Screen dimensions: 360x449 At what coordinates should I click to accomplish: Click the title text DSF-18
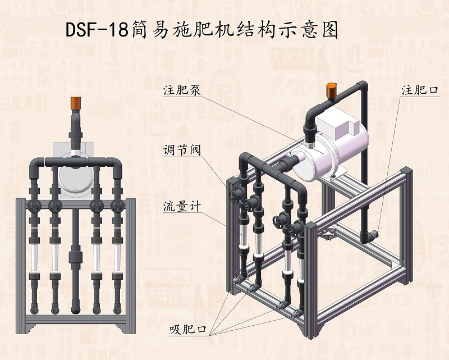[97, 30]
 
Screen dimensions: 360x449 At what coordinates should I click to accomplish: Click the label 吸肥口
[185, 329]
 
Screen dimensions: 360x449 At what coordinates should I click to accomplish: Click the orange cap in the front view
[75, 103]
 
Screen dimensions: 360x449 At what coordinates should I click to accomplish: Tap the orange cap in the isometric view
[331, 89]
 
